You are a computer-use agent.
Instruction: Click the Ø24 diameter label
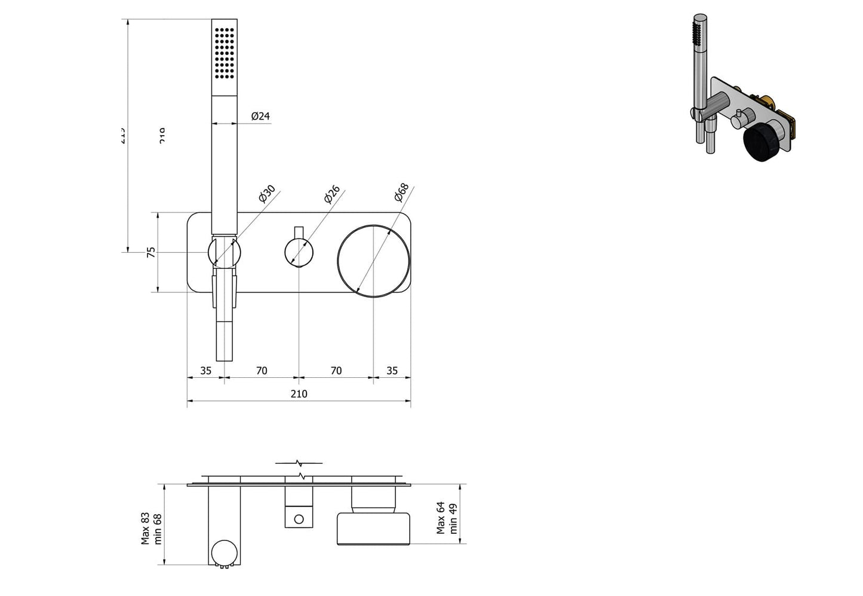click(260, 116)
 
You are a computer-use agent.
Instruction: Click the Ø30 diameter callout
click(266, 194)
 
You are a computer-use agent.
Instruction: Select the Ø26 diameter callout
click(332, 194)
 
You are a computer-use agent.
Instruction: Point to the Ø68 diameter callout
click(401, 192)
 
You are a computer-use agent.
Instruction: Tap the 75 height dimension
click(151, 252)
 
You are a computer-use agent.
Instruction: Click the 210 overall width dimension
click(299, 393)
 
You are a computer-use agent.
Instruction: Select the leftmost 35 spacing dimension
click(205, 371)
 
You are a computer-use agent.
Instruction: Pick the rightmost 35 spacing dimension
click(392, 371)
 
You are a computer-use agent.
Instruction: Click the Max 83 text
click(145, 528)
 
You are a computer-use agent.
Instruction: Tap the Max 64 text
click(441, 518)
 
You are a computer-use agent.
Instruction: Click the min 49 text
click(453, 518)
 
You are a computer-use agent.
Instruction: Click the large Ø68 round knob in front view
click(374, 261)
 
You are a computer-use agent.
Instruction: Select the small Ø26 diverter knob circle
click(299, 252)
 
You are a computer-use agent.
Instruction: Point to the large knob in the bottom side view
click(374, 528)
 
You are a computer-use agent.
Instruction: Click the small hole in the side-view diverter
click(299, 518)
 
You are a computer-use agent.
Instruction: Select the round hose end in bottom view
click(225, 552)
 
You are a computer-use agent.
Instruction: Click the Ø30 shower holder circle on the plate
click(225, 252)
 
